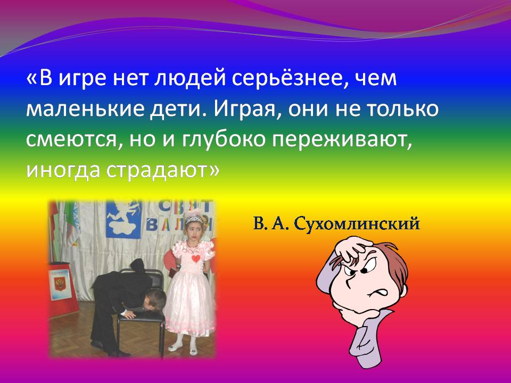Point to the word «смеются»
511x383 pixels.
[73, 140]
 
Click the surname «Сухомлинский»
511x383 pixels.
[357, 224]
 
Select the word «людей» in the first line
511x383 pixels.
[189, 79]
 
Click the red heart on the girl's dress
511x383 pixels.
[195, 259]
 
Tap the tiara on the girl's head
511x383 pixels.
[193, 217]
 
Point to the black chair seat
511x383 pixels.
[141, 316]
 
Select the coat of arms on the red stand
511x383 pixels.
[60, 284]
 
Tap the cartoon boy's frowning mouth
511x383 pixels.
[378, 293]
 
